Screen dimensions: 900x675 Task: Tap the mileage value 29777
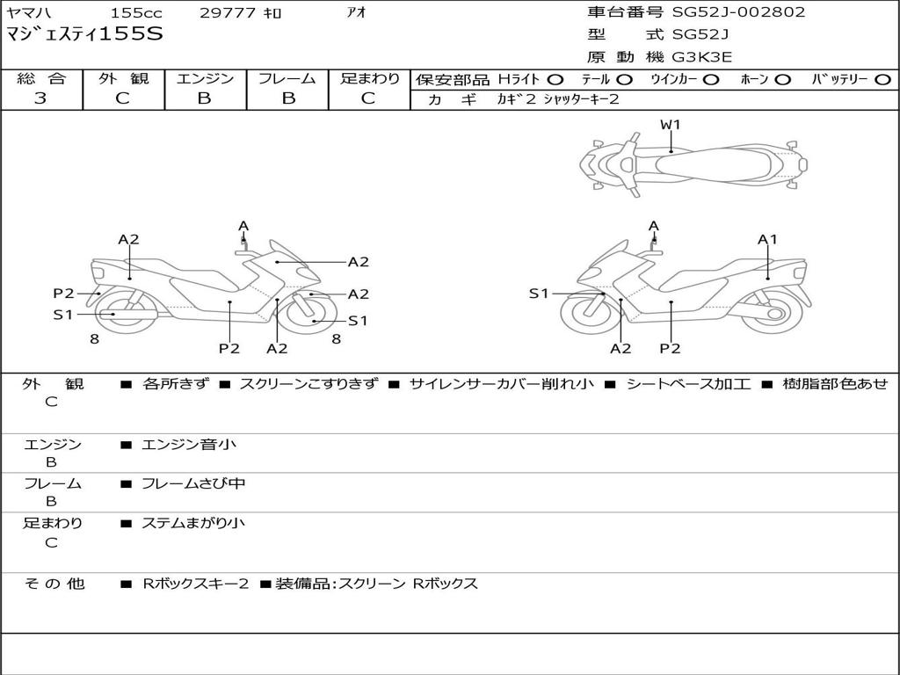coord(229,13)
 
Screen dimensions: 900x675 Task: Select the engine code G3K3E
coord(702,58)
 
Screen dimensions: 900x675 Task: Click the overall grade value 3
coord(40,98)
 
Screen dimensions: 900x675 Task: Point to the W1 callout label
coord(671,125)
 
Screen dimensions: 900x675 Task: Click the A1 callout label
coord(767,239)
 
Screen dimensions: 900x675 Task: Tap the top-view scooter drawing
coord(693,163)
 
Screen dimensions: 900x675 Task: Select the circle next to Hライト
coord(555,80)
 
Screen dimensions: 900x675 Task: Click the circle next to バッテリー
coord(882,80)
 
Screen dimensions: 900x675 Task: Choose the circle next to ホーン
coord(782,80)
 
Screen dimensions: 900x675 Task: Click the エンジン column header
coord(205,79)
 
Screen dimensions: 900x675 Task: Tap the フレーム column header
coord(287,79)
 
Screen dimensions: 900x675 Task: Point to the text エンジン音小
coord(189,445)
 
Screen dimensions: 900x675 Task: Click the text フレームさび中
coord(193,483)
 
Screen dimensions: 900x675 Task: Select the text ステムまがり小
coord(193,523)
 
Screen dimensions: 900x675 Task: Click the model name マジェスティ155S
coord(84,35)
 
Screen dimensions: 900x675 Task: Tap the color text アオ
coord(356,13)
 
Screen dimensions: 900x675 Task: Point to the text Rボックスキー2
coord(195,584)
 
